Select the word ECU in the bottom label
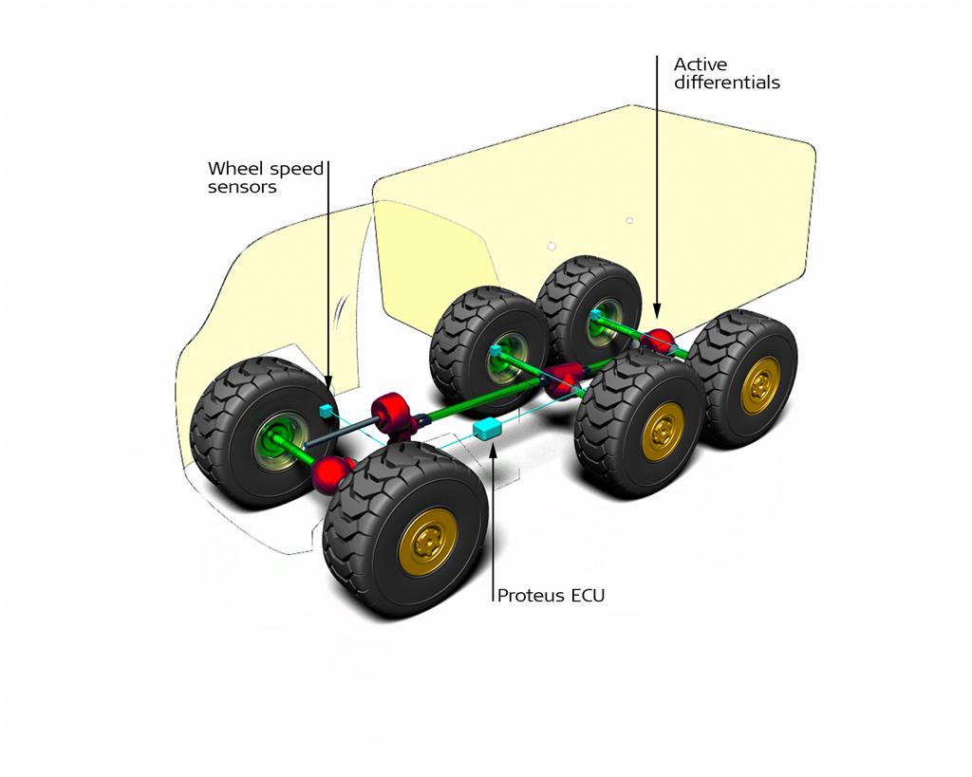click(x=589, y=596)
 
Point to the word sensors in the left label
click(x=242, y=187)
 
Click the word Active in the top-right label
click(x=701, y=65)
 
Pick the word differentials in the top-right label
click(x=726, y=83)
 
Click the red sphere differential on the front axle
click(x=329, y=472)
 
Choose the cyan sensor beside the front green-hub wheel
click(x=327, y=411)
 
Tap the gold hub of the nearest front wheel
click(x=428, y=539)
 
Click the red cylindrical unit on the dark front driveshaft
click(x=391, y=411)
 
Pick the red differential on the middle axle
click(x=562, y=379)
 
